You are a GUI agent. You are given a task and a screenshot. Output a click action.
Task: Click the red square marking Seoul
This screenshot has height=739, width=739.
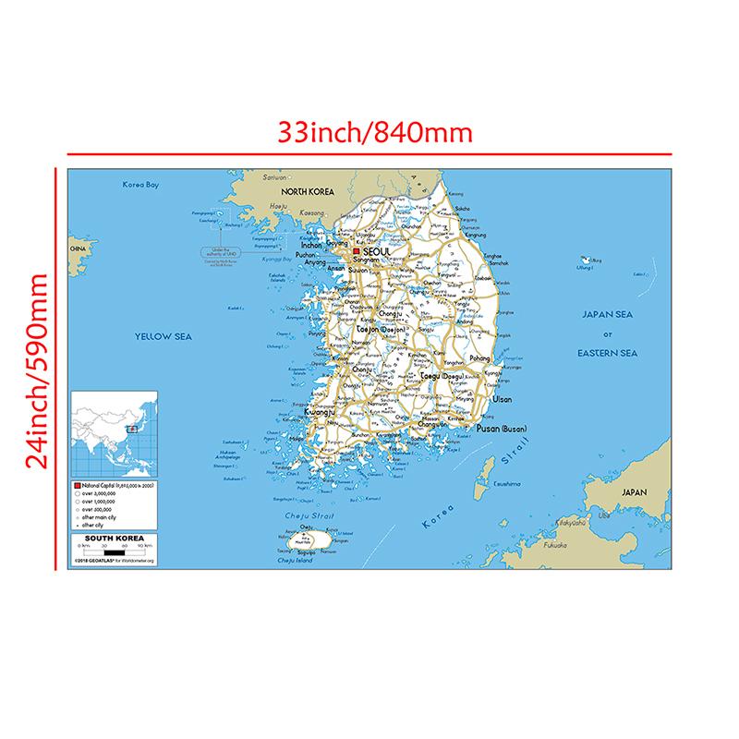[x=357, y=250]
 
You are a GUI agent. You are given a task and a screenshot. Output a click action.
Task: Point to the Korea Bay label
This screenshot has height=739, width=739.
[x=141, y=185]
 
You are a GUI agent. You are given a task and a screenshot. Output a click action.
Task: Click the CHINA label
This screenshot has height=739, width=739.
[x=77, y=250]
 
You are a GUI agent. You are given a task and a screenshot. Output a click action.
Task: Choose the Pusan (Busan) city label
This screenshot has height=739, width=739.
[x=501, y=430]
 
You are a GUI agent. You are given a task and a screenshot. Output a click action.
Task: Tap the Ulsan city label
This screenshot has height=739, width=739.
[x=503, y=399]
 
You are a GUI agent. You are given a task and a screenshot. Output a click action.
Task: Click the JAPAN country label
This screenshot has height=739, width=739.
[x=636, y=494]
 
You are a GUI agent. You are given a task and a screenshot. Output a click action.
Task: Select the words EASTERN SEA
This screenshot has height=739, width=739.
[x=607, y=353]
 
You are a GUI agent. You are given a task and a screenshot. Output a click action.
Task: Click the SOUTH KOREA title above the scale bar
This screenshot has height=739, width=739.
[x=110, y=539]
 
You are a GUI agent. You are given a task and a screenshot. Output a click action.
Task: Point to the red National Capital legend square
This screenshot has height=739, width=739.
[x=78, y=484]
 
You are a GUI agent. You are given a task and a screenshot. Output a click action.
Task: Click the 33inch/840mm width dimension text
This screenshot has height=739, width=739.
[x=376, y=132]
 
